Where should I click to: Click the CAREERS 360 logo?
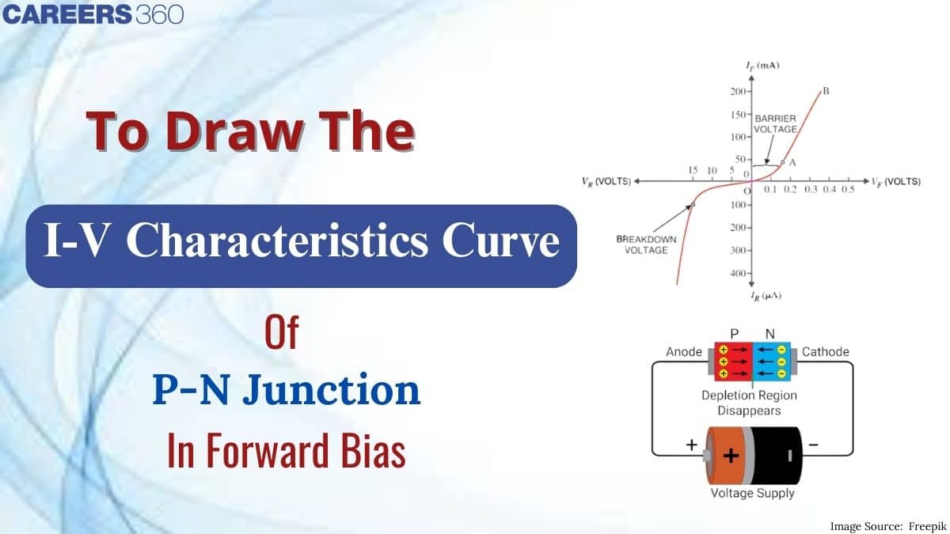(x=93, y=14)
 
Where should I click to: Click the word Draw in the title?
(x=235, y=131)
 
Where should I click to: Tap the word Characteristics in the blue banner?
(x=277, y=240)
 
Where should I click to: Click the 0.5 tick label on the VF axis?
(x=848, y=189)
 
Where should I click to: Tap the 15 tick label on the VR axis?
(x=693, y=170)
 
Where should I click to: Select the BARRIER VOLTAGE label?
(x=775, y=123)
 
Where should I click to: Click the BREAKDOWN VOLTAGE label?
(x=646, y=244)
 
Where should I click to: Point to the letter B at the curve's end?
(x=826, y=91)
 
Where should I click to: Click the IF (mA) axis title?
(x=762, y=65)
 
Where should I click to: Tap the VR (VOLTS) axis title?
(x=606, y=181)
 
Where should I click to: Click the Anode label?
(x=684, y=352)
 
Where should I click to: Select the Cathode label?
(x=825, y=352)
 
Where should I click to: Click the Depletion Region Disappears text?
(x=750, y=403)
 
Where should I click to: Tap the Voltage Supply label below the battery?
(x=752, y=494)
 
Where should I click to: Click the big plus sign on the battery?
(x=731, y=456)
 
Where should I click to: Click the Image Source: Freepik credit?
(x=887, y=526)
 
